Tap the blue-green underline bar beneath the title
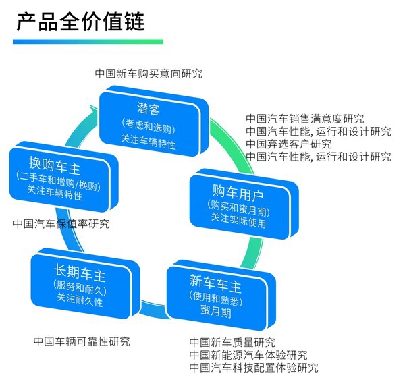[88, 42]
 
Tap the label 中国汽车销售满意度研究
[305, 119]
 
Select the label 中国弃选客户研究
[289, 144]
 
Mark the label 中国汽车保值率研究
[61, 223]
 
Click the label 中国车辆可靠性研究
[82, 341]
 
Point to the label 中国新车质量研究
[232, 343]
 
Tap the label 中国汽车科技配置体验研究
[254, 368]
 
